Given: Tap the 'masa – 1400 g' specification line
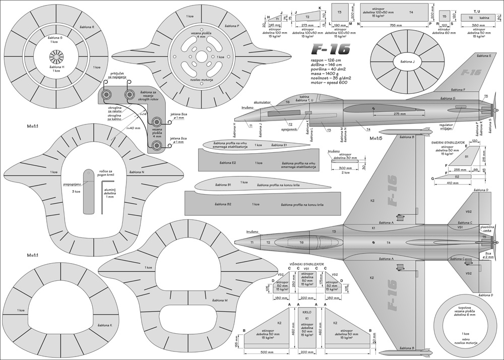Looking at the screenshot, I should pyautogui.click(x=325, y=75).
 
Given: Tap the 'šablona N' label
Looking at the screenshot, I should pyautogui.click(x=137, y=172).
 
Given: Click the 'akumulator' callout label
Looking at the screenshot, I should pyautogui.click(x=263, y=102).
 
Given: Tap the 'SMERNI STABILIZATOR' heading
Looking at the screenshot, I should pyautogui.click(x=452, y=143).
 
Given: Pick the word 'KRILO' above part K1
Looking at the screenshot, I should pyautogui.click(x=307, y=312).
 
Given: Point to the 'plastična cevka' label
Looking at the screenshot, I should pyautogui.click(x=486, y=229).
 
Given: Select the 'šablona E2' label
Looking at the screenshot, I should pyautogui.click(x=228, y=163).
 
